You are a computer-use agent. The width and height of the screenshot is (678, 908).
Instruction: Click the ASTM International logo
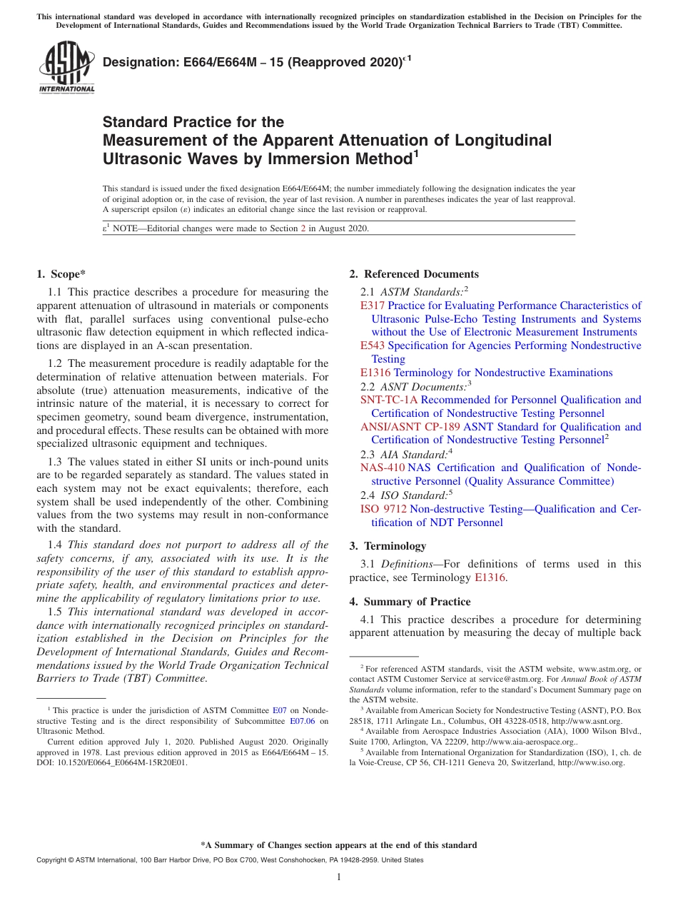coord(66,68)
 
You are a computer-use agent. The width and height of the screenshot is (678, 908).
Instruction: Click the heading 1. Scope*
coord(61,274)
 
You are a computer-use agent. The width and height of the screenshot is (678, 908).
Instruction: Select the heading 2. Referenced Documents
coord(414,274)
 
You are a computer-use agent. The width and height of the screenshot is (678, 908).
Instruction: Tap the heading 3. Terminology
coord(388,546)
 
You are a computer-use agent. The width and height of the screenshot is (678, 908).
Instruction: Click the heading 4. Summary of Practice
coord(410,602)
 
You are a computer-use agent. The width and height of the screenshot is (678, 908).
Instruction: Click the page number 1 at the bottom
coord(338,877)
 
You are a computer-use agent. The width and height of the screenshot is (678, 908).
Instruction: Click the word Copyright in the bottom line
coord(53,860)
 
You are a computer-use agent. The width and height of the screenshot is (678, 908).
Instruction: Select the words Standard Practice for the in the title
coord(193,122)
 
